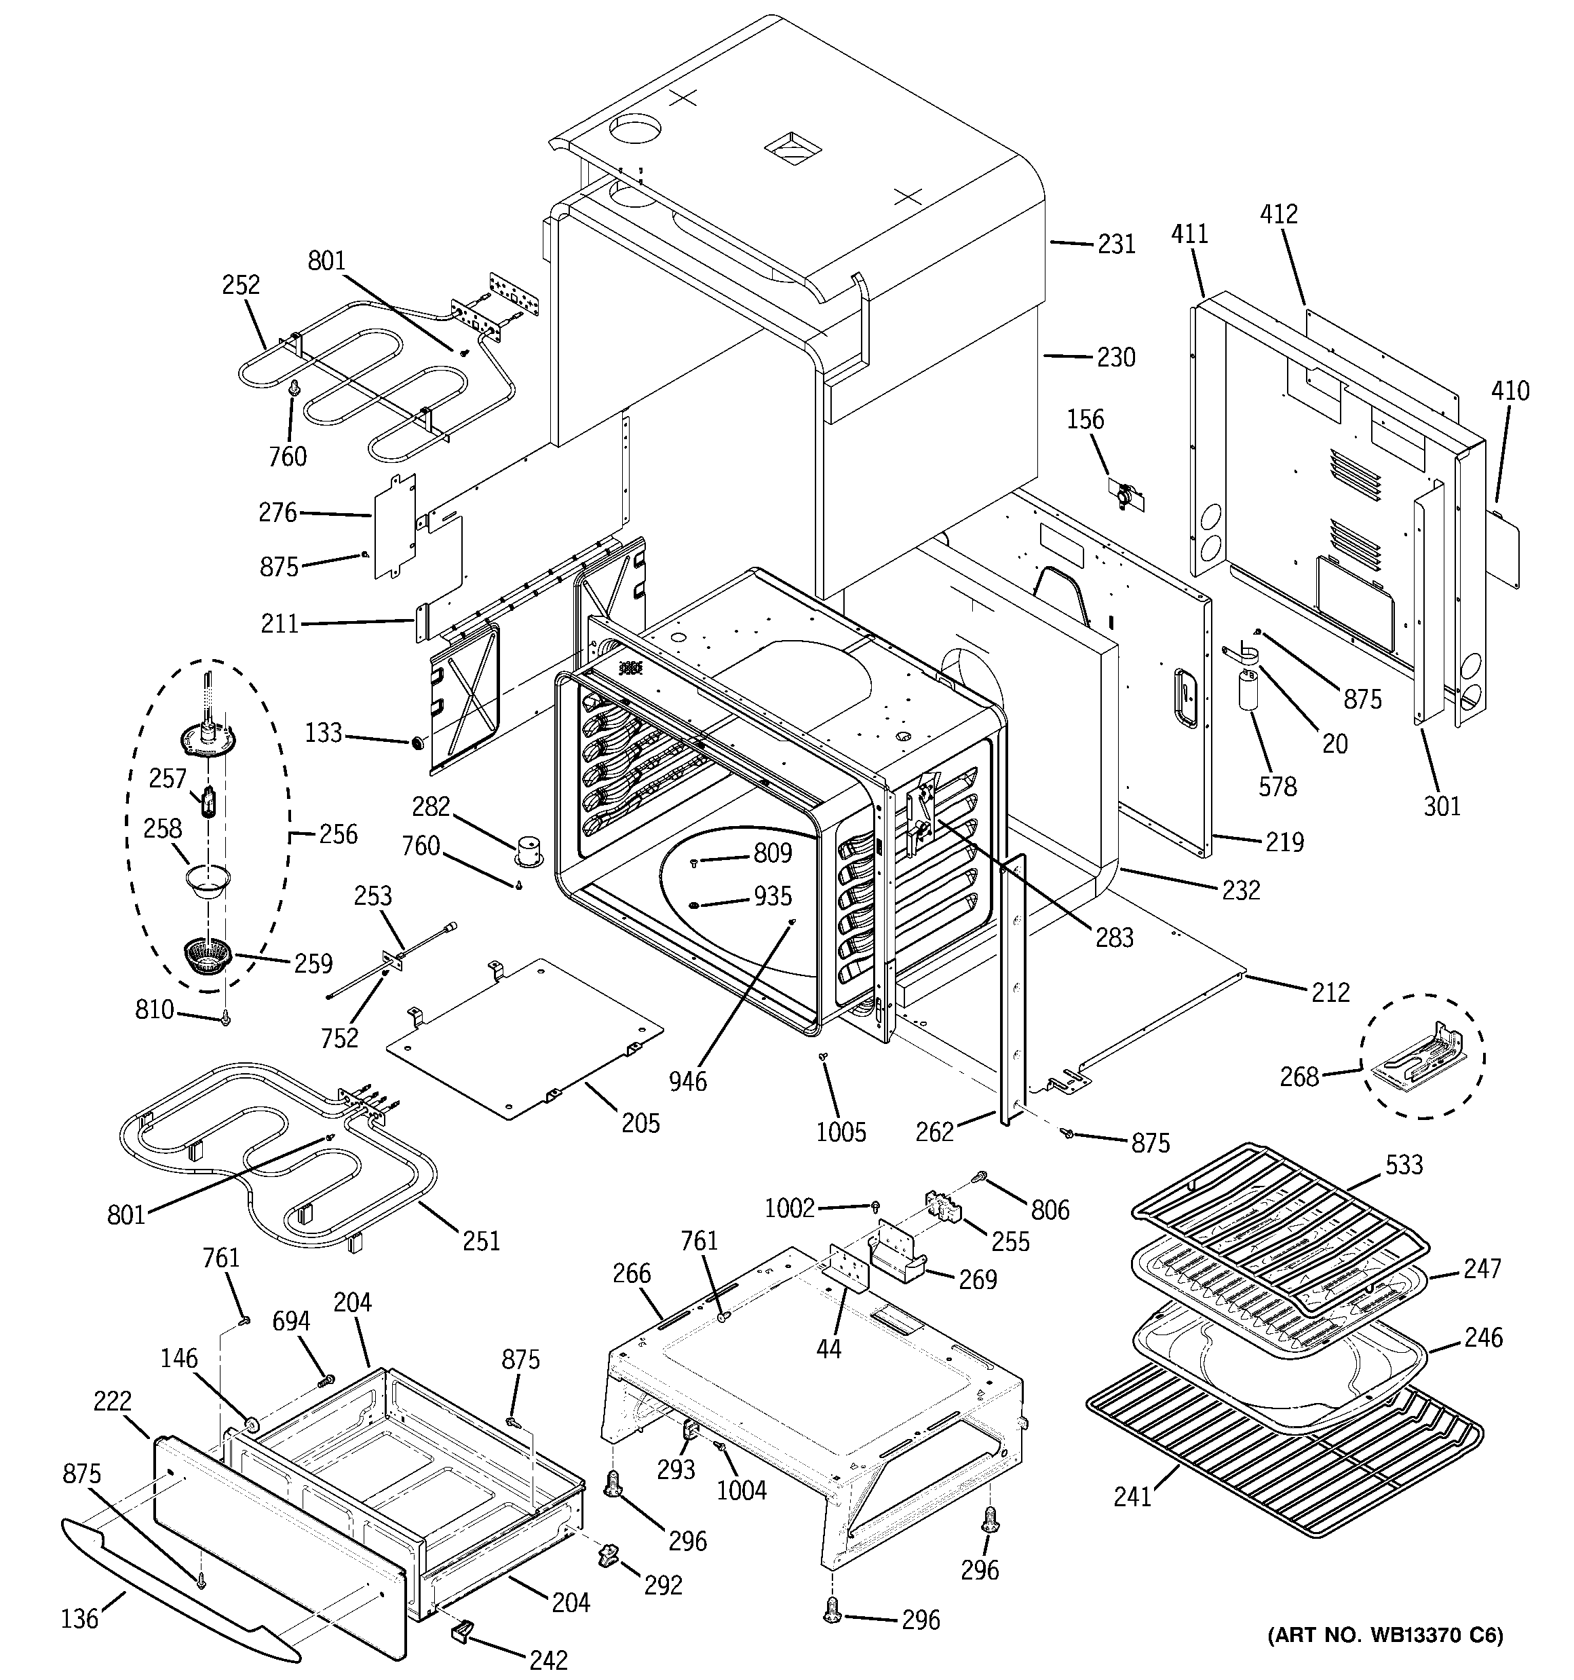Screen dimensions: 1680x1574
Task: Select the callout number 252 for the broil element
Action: click(241, 285)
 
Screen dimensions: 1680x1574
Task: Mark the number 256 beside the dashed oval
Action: click(337, 834)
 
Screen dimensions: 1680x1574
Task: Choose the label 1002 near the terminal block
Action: click(788, 1208)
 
